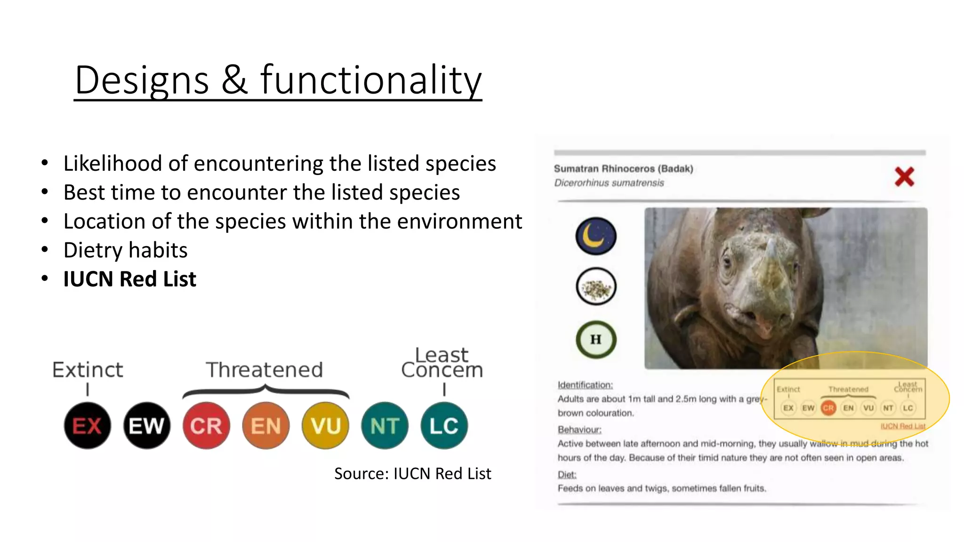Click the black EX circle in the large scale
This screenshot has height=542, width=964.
pos(88,425)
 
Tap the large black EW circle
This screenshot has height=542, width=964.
pos(147,425)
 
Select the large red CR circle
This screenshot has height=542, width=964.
pos(206,425)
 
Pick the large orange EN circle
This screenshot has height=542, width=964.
pos(266,425)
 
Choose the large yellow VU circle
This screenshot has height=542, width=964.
pos(325,425)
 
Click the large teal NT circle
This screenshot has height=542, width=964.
pos(385,425)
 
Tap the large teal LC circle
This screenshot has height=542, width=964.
pos(444,425)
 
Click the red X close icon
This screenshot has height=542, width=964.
pos(904,177)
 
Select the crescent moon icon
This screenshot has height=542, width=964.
pos(595,236)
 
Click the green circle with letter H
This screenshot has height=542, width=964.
pos(596,339)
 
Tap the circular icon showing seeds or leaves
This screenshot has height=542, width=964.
pos(596,287)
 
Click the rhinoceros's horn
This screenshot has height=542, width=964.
pos(771,248)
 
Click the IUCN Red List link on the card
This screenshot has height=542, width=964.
pos(903,426)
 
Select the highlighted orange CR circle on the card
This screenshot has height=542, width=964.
pos(828,408)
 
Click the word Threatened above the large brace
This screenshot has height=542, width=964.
pos(265,370)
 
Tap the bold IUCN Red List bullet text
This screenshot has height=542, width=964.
pos(129,279)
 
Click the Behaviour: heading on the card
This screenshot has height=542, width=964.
pos(579,430)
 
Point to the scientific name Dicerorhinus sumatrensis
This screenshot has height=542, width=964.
pos(609,183)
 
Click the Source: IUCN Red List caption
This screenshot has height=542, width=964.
pos(412,473)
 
